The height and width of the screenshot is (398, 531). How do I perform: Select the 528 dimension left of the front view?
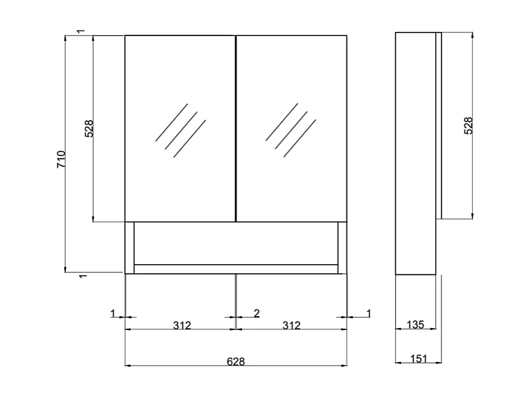(89, 129)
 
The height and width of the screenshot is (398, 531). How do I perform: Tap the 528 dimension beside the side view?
(468, 126)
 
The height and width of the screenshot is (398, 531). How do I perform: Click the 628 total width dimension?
(236, 361)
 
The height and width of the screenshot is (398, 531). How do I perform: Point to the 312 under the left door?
(181, 325)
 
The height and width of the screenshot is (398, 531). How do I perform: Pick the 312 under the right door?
(292, 325)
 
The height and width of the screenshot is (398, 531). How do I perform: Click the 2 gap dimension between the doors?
(256, 313)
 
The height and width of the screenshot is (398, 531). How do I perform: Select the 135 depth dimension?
(415, 325)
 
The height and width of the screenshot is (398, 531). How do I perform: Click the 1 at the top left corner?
(82, 32)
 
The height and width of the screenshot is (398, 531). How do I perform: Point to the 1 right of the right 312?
(369, 313)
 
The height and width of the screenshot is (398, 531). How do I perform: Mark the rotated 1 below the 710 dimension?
(82, 277)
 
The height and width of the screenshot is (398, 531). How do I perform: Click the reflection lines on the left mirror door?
(180, 130)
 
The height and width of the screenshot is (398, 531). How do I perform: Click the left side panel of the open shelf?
(129, 248)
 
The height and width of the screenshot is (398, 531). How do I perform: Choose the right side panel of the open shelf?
(342, 248)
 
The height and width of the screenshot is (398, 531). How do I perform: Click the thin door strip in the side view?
(438, 125)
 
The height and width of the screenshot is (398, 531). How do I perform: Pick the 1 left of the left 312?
(113, 313)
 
